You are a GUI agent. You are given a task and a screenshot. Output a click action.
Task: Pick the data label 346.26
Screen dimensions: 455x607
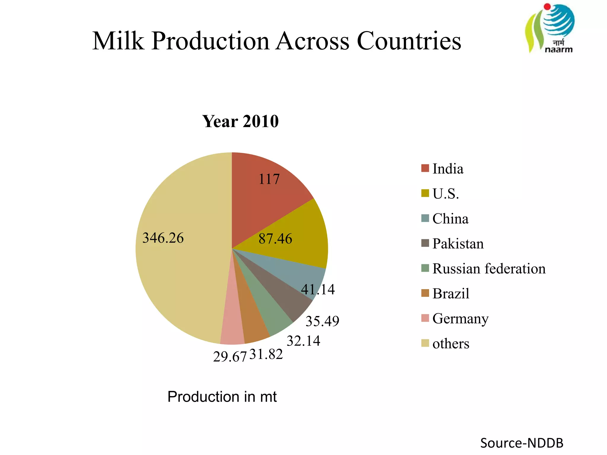(163, 238)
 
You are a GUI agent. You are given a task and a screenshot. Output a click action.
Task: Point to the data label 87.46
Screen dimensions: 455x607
(275, 239)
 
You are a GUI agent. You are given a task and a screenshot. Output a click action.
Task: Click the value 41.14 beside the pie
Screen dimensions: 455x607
(318, 289)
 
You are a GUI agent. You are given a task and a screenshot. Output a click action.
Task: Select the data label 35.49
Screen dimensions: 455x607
(322, 321)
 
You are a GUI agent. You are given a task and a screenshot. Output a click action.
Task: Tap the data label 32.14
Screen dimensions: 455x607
(303, 341)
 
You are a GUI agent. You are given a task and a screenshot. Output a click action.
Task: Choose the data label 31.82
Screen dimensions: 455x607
(266, 354)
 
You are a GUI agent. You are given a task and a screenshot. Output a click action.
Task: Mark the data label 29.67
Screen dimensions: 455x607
(230, 357)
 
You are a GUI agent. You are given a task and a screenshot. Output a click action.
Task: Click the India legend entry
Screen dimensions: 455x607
(448, 169)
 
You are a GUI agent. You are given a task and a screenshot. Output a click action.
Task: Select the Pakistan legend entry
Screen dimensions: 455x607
(458, 244)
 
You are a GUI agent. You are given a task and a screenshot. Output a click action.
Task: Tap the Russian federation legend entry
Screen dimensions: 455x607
(488, 269)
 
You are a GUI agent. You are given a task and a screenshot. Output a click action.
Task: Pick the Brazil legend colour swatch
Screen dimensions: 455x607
(425, 293)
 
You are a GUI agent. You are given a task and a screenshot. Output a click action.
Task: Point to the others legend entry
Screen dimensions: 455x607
(451, 344)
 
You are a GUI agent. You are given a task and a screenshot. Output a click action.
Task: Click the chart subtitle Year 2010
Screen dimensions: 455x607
(240, 121)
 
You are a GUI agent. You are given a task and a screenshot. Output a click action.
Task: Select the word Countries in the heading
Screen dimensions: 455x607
(409, 41)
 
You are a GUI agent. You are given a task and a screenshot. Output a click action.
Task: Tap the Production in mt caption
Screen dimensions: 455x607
(222, 397)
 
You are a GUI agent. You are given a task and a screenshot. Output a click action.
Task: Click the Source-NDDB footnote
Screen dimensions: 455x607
(522, 443)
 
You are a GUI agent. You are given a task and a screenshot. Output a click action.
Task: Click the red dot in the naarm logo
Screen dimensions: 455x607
(547, 7)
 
